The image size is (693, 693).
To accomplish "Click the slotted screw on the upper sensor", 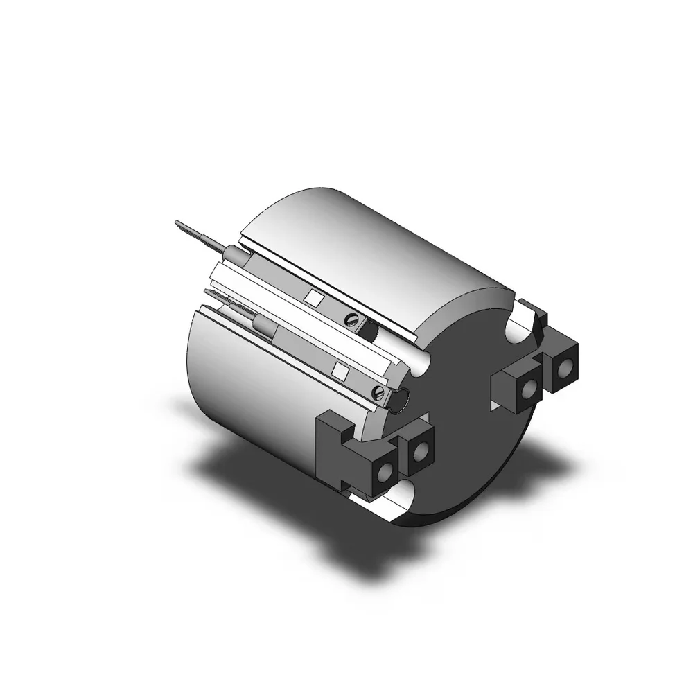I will pos(351,319).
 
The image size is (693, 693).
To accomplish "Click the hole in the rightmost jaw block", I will pos(568,365).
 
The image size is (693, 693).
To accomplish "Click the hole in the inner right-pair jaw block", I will pos(529,390).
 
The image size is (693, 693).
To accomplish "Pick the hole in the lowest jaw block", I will pos(382,474).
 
